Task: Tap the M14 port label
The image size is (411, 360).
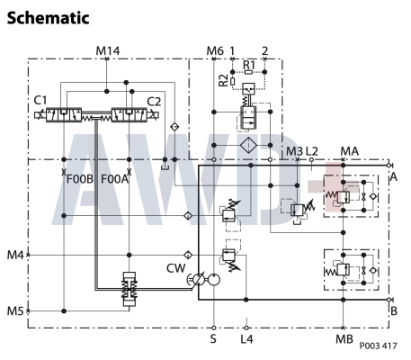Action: (x=107, y=49)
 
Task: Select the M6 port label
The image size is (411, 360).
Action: (x=214, y=49)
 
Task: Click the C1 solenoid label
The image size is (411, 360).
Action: (x=40, y=101)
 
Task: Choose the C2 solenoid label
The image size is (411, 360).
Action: (x=154, y=101)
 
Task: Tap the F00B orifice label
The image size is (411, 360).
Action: (x=80, y=179)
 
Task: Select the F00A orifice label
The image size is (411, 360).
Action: (x=115, y=179)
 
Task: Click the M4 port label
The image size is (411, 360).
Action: (x=14, y=255)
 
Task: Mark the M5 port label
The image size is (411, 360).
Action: (x=14, y=311)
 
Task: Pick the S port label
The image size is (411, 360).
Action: (x=213, y=339)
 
